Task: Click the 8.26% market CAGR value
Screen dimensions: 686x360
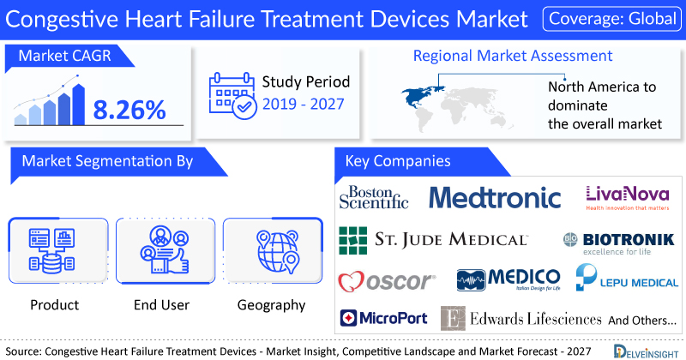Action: (129, 110)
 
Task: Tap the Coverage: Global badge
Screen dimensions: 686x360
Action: (612, 19)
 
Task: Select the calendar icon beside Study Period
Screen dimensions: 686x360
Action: (232, 96)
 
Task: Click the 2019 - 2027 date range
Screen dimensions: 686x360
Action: (304, 104)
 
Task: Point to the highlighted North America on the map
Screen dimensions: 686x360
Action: (420, 96)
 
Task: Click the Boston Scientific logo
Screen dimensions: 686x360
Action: (374, 197)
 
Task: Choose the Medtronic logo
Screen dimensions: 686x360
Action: (495, 197)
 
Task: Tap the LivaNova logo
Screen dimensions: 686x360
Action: (628, 198)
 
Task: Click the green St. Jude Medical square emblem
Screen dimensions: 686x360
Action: (353, 241)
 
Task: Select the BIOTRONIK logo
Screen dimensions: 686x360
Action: (618, 243)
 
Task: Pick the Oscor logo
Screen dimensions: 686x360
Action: (387, 281)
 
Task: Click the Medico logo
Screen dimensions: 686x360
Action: (508, 280)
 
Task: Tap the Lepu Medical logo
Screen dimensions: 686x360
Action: (627, 278)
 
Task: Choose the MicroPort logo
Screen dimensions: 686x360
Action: (383, 318)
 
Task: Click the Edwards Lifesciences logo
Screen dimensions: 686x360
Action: (521, 319)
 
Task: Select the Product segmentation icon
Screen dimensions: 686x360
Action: (51, 250)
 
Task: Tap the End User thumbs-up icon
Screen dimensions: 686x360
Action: (165, 249)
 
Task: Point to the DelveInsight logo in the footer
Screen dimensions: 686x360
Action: (646, 351)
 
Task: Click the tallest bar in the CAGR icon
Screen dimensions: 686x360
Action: (79, 105)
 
